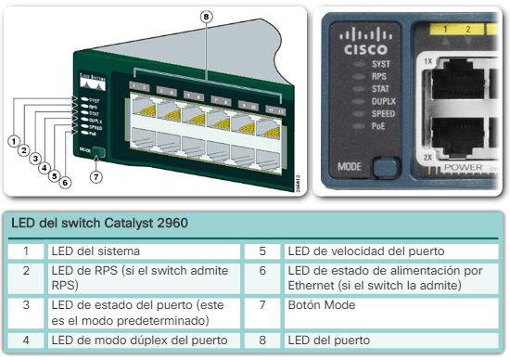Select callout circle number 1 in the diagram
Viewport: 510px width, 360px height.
[x=15, y=140]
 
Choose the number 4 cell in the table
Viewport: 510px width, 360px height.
[x=28, y=340]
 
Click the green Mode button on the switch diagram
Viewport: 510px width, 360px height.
[x=98, y=152]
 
